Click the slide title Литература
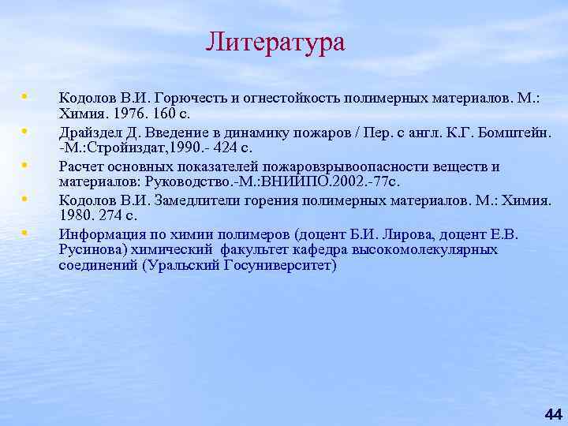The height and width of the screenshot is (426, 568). [275, 42]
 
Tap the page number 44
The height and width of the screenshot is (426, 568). [553, 414]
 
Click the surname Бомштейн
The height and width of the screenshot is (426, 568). [518, 132]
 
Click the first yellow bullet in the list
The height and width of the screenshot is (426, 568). [25, 95]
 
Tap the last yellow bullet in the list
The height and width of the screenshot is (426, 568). [25, 232]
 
